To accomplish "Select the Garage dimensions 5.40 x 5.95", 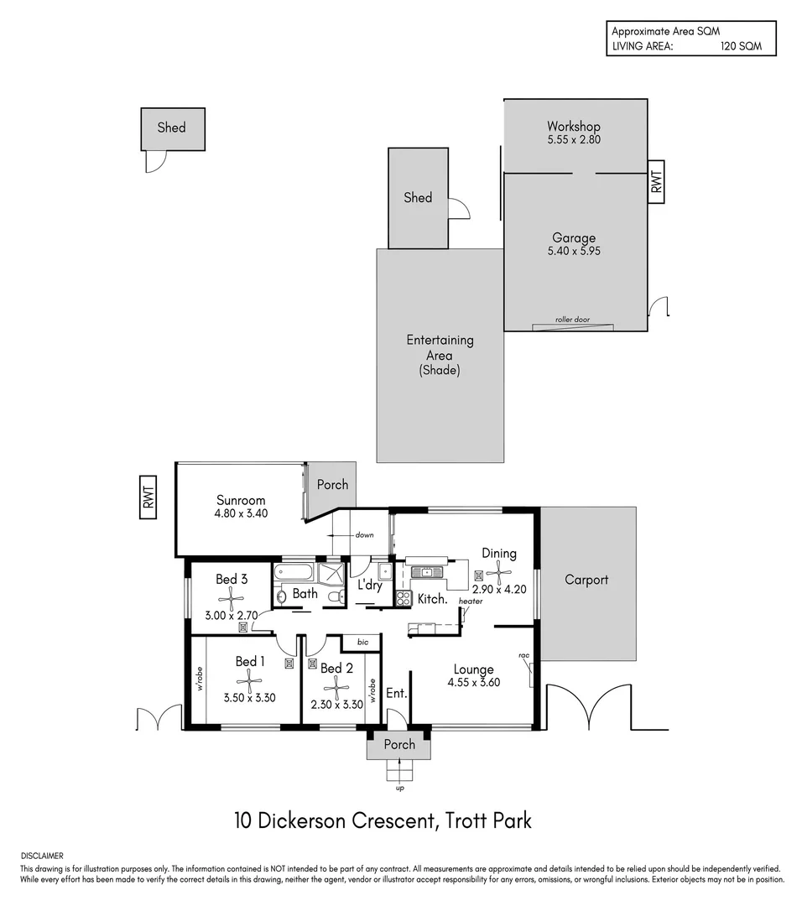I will click(574, 251).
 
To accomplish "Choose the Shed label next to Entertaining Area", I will click(418, 198).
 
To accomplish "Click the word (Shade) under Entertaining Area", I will click(440, 370).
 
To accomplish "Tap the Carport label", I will click(586, 580).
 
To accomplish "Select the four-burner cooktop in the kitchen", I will click(403, 599).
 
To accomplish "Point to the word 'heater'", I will click(471, 601).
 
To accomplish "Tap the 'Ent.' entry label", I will click(396, 694).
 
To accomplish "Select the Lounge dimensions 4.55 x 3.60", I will click(474, 683).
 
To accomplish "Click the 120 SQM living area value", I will click(741, 47).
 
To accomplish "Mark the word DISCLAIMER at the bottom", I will click(42, 855).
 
